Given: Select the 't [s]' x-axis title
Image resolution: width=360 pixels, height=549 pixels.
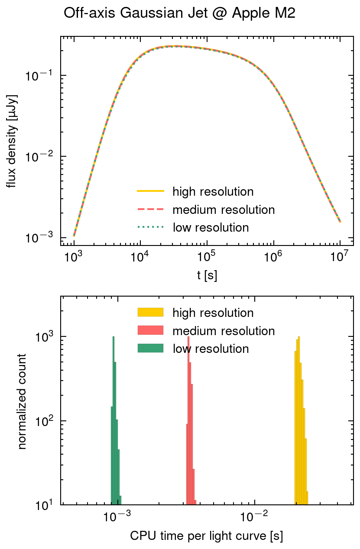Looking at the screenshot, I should (207, 276).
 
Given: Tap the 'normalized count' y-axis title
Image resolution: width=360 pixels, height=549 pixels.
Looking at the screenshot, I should (22, 401).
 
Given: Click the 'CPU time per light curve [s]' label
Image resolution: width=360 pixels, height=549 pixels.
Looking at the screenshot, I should (207, 536).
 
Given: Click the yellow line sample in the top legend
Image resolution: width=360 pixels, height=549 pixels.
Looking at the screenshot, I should (150, 191).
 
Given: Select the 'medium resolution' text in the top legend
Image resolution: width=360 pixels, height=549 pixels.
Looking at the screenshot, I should (224, 210).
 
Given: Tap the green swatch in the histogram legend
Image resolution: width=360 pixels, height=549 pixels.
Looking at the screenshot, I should (150, 348).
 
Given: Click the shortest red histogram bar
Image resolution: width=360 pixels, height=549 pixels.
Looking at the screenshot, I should (195, 502).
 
